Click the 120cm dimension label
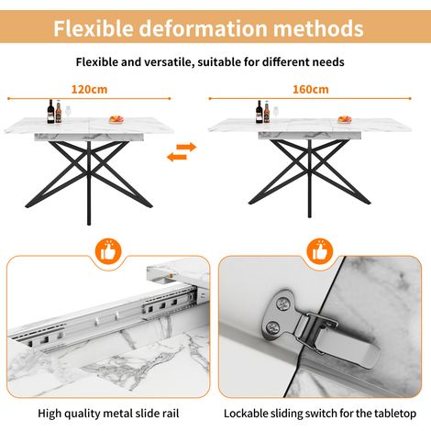(89, 89)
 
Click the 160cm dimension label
(311, 89)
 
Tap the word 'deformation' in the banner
(204, 28)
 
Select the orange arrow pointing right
(186, 148)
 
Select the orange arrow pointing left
(177, 157)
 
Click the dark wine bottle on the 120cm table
(50, 112)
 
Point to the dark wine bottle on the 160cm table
(260, 112)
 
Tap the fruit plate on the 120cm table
(116, 119)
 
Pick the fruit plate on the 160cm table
(345, 119)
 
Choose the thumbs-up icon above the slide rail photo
(108, 251)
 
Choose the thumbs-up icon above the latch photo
(319, 251)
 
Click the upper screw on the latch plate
(282, 304)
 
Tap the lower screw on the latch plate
(272, 328)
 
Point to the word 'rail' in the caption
(171, 414)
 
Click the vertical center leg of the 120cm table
(89, 182)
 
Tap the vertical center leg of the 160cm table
(310, 179)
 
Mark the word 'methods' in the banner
(318, 28)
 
